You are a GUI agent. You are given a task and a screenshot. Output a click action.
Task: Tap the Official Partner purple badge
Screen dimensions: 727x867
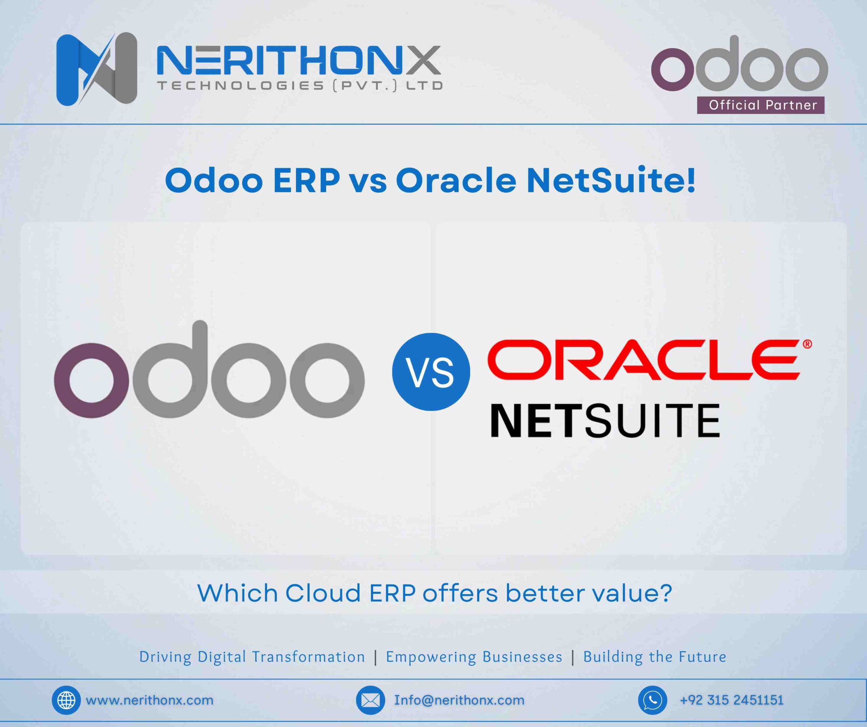760,105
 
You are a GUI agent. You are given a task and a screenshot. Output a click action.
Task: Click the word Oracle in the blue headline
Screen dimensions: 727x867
456,181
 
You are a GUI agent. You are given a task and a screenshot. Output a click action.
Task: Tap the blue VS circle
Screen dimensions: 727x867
430,371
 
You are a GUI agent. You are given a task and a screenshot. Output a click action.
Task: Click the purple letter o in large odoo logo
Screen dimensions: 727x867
91,380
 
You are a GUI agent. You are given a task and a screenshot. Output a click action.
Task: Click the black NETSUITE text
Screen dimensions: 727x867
605,421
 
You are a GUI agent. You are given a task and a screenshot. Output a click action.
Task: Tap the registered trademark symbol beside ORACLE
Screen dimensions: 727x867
807,344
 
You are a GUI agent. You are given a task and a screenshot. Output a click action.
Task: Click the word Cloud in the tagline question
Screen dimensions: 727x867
323,593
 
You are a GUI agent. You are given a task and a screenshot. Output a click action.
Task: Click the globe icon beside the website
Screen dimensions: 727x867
66,700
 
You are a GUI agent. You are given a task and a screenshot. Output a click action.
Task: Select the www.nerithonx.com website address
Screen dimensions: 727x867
149,700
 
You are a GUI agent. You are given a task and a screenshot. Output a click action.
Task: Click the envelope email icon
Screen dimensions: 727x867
370,700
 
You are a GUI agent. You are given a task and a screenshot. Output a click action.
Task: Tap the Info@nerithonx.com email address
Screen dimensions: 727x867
459,700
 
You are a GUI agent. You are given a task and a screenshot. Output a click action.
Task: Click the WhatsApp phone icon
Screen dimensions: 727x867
652,700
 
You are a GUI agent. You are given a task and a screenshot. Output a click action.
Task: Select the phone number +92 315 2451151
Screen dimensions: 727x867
731,700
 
